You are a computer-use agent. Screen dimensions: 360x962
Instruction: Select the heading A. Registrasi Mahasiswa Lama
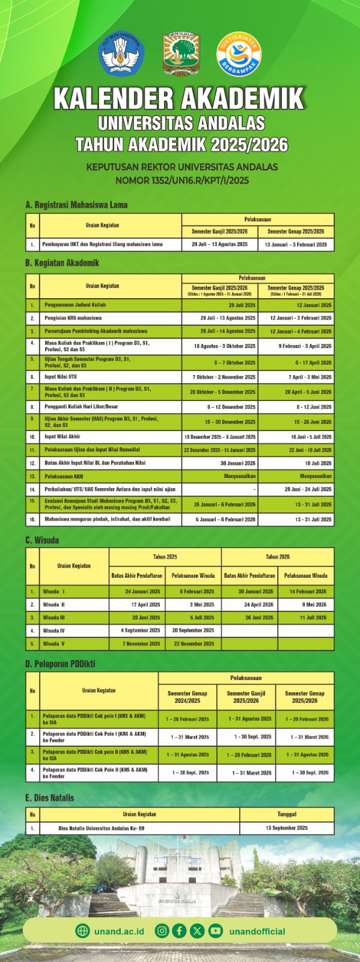tap(76, 204)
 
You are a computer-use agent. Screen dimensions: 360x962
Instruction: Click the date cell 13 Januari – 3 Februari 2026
tap(296, 245)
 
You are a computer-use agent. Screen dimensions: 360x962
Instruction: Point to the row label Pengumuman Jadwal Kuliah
tap(75, 305)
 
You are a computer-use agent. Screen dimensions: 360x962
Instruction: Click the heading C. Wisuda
tap(42, 540)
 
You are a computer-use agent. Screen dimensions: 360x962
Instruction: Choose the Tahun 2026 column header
tap(278, 557)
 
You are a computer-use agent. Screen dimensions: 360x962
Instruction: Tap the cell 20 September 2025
tap(193, 631)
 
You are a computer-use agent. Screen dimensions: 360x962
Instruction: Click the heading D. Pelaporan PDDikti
tap(60, 664)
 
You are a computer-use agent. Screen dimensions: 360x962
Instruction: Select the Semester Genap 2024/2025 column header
tap(188, 697)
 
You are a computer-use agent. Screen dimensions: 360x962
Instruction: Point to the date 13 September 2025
tap(287, 828)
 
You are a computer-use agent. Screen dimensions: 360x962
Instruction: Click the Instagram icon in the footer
tap(162, 931)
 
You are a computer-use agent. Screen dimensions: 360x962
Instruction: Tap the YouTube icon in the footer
tap(215, 931)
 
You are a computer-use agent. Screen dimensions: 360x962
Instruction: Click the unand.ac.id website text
tap(118, 931)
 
